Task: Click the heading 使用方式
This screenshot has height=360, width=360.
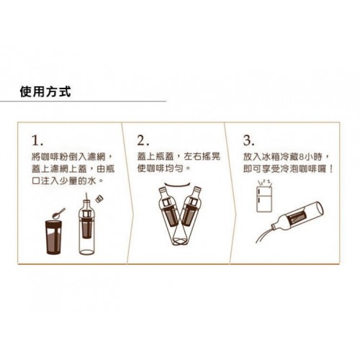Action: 45,91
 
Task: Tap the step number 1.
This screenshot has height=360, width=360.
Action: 37,140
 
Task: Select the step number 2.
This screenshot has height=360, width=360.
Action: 143,140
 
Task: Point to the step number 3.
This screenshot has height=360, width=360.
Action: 248,140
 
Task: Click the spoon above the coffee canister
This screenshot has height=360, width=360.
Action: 58,214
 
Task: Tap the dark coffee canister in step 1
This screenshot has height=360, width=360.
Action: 53,237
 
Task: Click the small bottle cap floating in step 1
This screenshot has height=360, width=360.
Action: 99,199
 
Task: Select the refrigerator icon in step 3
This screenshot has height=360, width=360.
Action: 264,199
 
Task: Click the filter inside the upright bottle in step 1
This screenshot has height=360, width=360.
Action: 87,225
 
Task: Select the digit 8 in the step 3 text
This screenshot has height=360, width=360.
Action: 302,157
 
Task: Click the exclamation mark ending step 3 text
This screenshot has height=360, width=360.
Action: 331,169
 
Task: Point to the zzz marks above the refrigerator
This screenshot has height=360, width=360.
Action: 264,182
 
